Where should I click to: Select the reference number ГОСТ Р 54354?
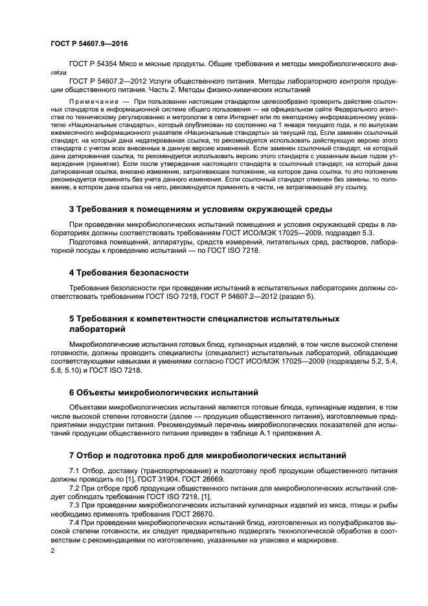click(96, 64)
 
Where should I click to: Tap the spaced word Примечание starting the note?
click(94, 102)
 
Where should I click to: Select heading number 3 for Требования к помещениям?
click(71, 209)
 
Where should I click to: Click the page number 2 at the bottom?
click(52, 551)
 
